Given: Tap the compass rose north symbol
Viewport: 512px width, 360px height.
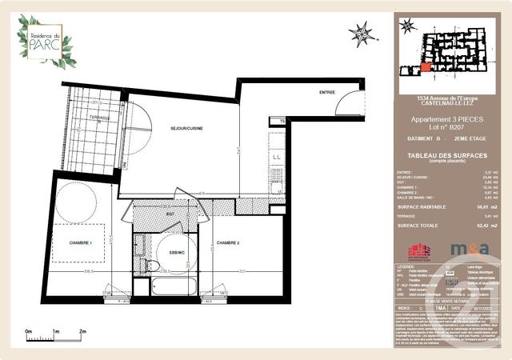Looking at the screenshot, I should coord(362,34).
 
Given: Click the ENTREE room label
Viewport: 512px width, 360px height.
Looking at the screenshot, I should coord(326,93).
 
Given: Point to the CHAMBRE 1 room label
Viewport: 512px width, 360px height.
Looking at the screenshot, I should coord(80,242).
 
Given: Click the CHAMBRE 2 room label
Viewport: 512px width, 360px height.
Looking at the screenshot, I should coord(229,242).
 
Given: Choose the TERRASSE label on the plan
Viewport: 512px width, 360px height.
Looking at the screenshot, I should coord(100,118).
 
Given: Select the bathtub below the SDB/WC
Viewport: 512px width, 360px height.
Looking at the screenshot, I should coord(173,286).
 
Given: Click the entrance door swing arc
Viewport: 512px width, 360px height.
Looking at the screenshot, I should coord(350,104).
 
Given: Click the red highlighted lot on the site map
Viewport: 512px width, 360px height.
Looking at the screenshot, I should coord(425,66).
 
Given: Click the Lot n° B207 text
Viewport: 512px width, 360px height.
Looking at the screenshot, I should coord(446,127).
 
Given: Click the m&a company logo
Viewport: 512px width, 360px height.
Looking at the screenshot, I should coord(469,251).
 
